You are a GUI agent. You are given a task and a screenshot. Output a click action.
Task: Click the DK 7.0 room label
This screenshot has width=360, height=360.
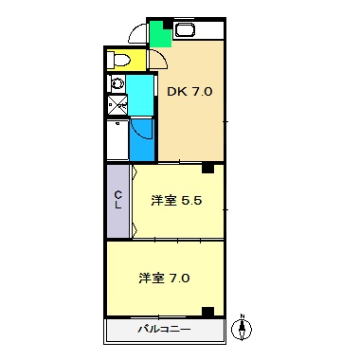tap(189, 92)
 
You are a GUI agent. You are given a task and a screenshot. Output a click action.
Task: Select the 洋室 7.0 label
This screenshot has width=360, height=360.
tap(165, 279)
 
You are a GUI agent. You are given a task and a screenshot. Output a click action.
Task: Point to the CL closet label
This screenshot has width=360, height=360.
tap(118, 200)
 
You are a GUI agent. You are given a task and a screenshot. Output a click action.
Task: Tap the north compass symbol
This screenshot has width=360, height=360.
tap(242, 328)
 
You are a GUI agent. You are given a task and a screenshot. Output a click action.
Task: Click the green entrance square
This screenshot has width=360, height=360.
tap(160, 35)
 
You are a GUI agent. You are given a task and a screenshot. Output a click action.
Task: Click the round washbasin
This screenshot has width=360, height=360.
tap(117, 82)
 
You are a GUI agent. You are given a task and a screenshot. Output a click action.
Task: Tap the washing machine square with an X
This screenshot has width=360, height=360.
tap(117, 105)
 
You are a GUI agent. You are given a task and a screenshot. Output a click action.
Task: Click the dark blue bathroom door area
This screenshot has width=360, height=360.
tap(142, 139)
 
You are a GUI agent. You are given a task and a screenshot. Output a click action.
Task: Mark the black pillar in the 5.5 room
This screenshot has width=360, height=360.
tap(207, 169)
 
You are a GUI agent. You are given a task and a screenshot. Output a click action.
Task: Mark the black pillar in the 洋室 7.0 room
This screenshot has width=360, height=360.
tap(207, 311)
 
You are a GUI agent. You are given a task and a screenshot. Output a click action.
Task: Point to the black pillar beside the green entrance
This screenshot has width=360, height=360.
tap(168, 23)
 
